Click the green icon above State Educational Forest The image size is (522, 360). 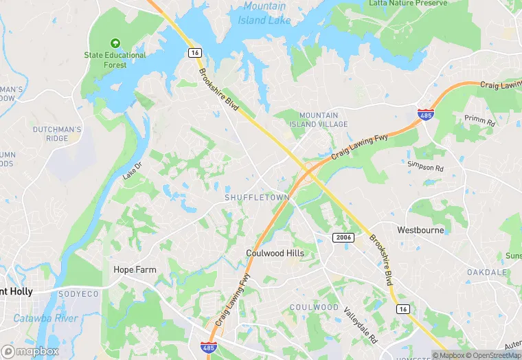(115, 43)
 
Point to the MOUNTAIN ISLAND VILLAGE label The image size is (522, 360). (323, 120)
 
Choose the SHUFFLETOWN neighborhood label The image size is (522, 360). (257, 197)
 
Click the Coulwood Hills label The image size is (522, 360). (275, 254)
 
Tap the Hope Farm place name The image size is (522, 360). (135, 270)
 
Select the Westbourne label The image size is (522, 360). (420, 230)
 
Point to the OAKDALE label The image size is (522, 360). (487, 273)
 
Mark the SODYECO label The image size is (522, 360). (79, 294)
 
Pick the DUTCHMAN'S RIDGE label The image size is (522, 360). (58, 133)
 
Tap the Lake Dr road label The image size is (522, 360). (132, 171)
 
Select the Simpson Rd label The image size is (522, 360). (425, 168)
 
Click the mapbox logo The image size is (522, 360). (30, 351)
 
